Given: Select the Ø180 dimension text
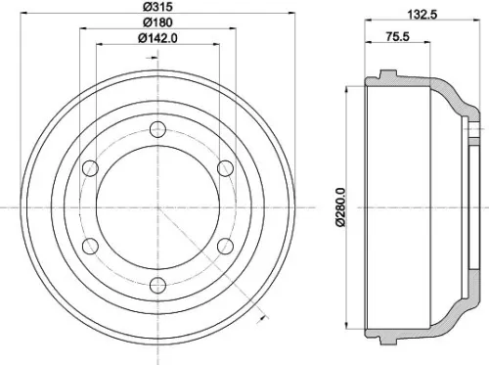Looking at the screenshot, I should pos(155,23).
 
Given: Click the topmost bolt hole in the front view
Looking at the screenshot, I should pos(156,129).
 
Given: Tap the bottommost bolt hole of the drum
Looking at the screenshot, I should pos(156,285).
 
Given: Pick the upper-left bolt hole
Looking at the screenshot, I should pos(90,168).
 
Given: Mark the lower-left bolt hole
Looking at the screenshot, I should pos(90,246).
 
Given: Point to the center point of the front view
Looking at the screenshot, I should pos(156,206).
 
